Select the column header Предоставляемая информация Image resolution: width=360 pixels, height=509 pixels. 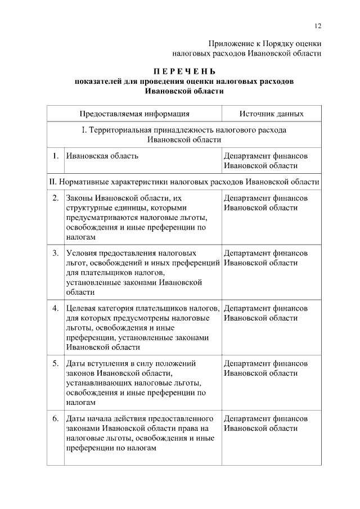point(134,114)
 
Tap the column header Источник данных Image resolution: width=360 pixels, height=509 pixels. point(271,114)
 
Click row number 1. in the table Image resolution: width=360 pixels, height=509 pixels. point(56,156)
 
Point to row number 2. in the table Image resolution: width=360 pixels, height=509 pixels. point(56,198)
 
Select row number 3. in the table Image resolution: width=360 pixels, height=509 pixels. point(56,253)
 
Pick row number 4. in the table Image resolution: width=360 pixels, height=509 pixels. point(56,308)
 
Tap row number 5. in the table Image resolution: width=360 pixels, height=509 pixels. point(56,363)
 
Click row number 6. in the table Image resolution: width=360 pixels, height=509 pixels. point(56,418)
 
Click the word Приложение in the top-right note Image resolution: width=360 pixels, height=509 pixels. point(229,43)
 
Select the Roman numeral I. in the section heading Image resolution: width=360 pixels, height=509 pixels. point(84,130)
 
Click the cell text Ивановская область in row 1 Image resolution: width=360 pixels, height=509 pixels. point(102,156)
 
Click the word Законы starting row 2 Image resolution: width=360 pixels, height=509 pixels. point(80,198)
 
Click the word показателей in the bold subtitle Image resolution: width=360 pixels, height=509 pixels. point(99,82)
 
